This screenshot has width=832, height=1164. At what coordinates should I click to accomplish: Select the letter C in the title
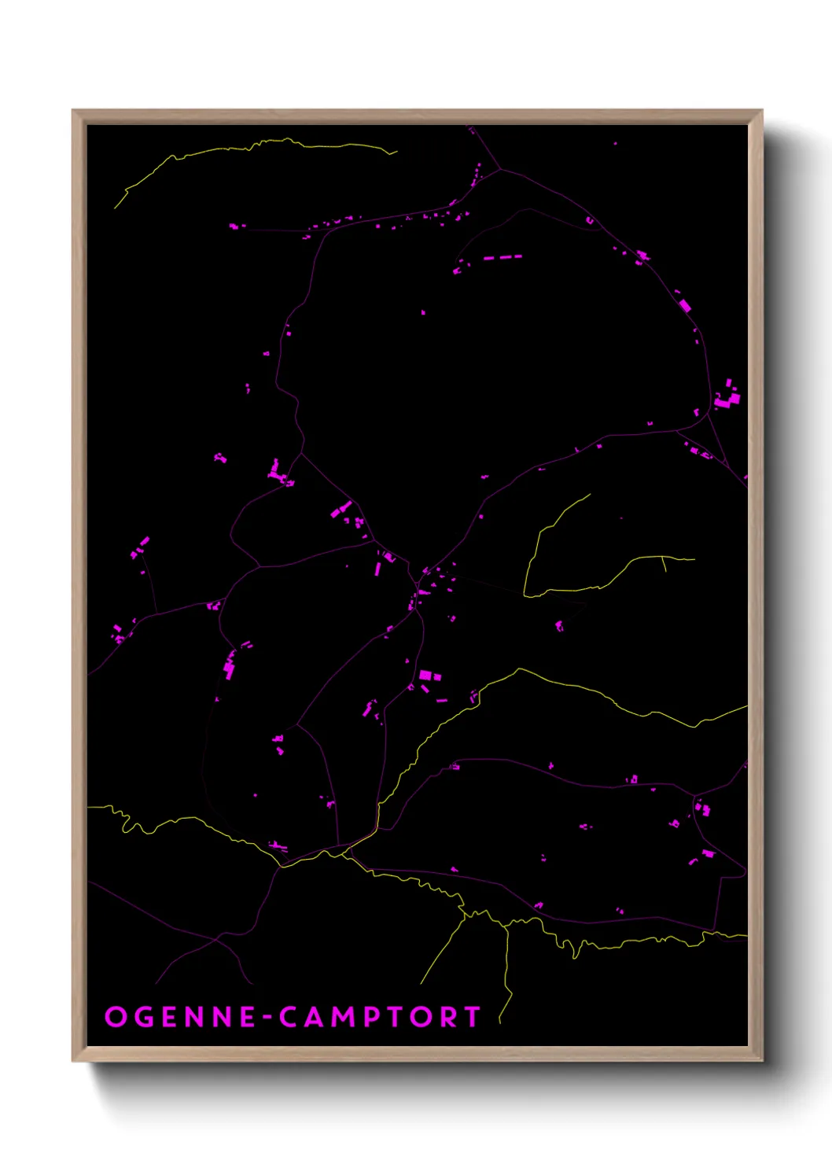pos(291,1017)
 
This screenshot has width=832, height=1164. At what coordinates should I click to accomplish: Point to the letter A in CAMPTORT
pos(318,1017)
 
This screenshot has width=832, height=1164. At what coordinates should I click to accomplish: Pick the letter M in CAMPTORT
pos(348,1017)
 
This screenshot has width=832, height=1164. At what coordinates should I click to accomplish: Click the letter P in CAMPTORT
pos(378,1017)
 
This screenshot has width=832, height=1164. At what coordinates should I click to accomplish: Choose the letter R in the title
pos(447,1017)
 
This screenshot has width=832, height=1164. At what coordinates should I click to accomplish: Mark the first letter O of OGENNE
pos(116,1017)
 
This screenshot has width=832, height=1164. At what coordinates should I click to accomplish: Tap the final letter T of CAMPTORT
pos(473,1017)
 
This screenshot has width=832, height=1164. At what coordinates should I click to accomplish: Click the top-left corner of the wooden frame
pos(73,111)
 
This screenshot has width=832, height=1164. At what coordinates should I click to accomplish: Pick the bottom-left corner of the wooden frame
pos(73,1061)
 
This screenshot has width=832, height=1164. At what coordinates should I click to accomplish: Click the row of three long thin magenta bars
pos(502,257)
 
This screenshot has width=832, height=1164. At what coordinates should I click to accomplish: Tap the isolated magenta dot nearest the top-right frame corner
pos(615,144)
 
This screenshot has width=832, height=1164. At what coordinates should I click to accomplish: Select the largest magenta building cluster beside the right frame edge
pos(728,397)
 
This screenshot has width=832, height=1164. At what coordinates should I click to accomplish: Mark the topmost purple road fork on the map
pos(500,169)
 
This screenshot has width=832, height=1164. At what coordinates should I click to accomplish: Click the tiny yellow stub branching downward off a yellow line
pos(664,564)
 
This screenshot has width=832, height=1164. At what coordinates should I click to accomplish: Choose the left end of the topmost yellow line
pos(116,208)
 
